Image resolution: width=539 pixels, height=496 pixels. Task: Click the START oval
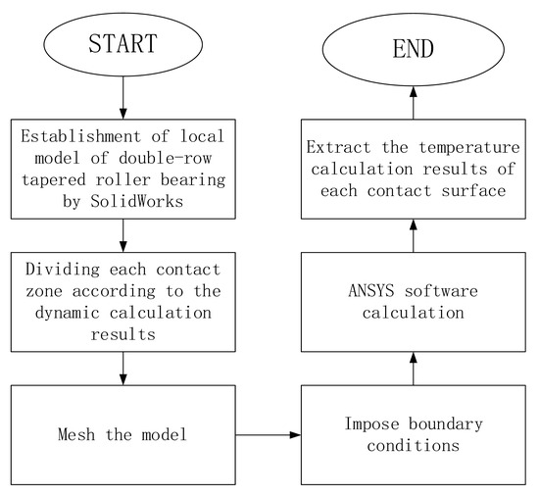(122, 45)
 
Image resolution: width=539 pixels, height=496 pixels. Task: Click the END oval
(414, 45)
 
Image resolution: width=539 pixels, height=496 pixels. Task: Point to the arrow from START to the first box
(122, 99)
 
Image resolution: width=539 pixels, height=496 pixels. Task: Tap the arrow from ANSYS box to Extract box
(414, 237)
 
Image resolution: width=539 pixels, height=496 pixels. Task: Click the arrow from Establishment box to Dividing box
(122, 235)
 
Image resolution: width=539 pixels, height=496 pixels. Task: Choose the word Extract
(335, 148)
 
